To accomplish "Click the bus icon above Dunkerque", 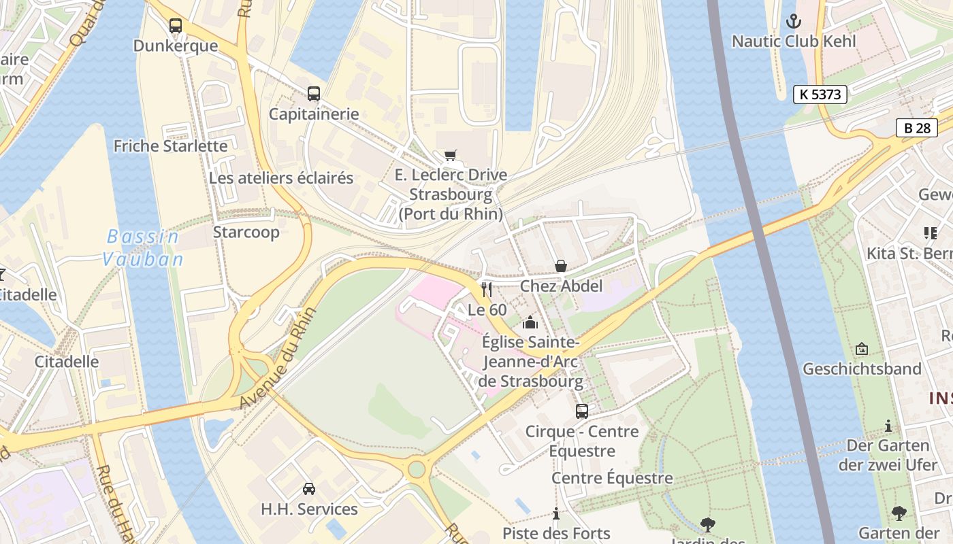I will point(176,26).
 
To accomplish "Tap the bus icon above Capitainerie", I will point(313,94).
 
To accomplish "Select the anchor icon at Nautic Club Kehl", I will point(794,21).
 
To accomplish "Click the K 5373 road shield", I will point(820,95).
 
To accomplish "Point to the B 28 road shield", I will point(916,128).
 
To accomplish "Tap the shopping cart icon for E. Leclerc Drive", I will point(451,155).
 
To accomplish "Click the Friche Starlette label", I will point(170,146).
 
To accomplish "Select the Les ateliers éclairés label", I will point(281,178).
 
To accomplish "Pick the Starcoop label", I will point(246,232).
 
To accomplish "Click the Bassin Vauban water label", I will point(143,248).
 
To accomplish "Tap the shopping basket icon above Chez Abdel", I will point(561,266).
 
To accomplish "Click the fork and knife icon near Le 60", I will point(486,290).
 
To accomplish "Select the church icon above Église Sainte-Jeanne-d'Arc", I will point(530,322).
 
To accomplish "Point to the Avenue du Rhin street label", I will point(278,358).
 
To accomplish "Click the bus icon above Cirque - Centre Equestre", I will point(581,411).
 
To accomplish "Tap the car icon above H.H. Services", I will point(308,488).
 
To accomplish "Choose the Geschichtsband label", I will point(862,369).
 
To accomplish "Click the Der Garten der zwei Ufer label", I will point(888,455).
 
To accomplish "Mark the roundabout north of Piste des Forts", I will point(417,469).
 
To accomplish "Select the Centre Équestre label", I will point(611,478).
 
